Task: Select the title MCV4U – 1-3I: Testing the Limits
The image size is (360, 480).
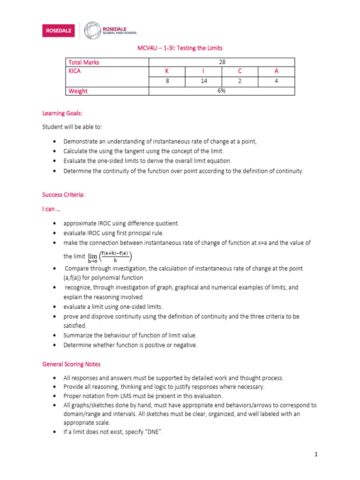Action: (180, 48)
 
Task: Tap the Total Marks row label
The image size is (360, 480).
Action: (84, 62)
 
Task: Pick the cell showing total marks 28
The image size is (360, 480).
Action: (222, 62)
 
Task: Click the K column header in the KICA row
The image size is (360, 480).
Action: (166, 72)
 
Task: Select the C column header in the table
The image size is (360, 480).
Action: (240, 72)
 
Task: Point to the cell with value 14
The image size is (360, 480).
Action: (203, 81)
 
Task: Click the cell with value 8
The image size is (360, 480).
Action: (166, 81)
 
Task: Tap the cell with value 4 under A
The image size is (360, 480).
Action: (276, 81)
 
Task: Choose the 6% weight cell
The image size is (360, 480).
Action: (222, 91)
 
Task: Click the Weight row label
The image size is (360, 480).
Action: (78, 91)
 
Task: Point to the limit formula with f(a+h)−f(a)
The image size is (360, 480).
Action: (111, 256)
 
